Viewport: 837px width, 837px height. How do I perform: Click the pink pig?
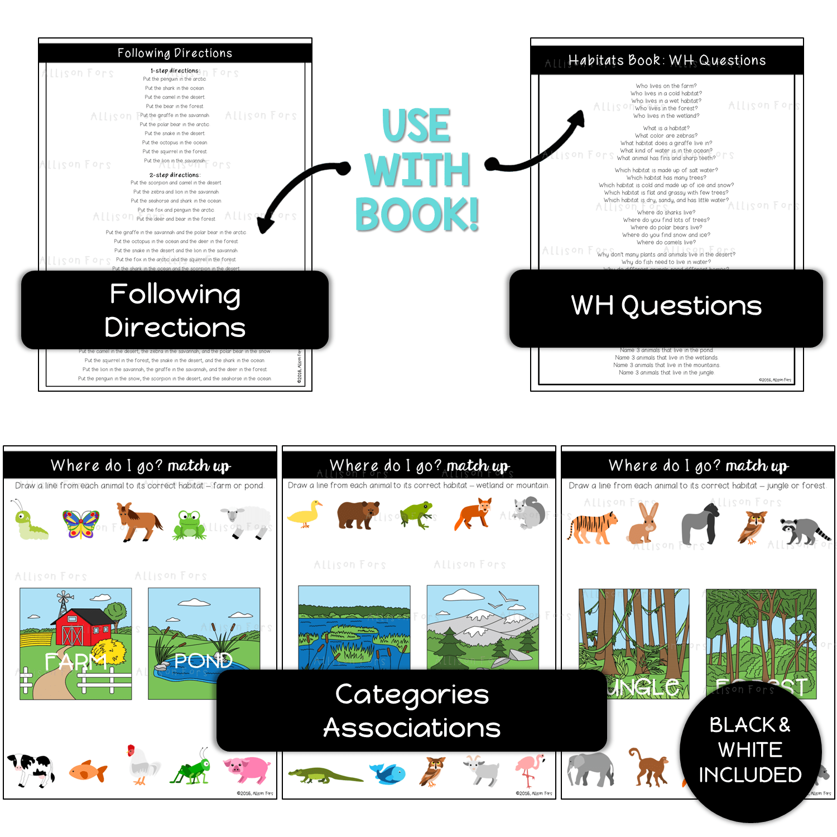coord(248,770)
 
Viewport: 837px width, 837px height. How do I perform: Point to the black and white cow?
coord(30,769)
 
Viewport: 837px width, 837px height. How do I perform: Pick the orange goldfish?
coord(88,772)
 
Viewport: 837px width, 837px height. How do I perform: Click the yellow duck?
coord(306,514)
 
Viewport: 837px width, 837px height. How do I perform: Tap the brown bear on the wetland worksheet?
coord(358,514)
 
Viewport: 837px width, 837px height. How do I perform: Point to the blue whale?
coord(388,773)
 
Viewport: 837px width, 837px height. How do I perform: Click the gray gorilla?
coord(701,523)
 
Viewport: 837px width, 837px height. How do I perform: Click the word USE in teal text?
coord(416,126)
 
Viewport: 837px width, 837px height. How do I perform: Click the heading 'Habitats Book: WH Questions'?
coord(667,60)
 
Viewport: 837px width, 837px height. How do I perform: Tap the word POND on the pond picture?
coord(203,661)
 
